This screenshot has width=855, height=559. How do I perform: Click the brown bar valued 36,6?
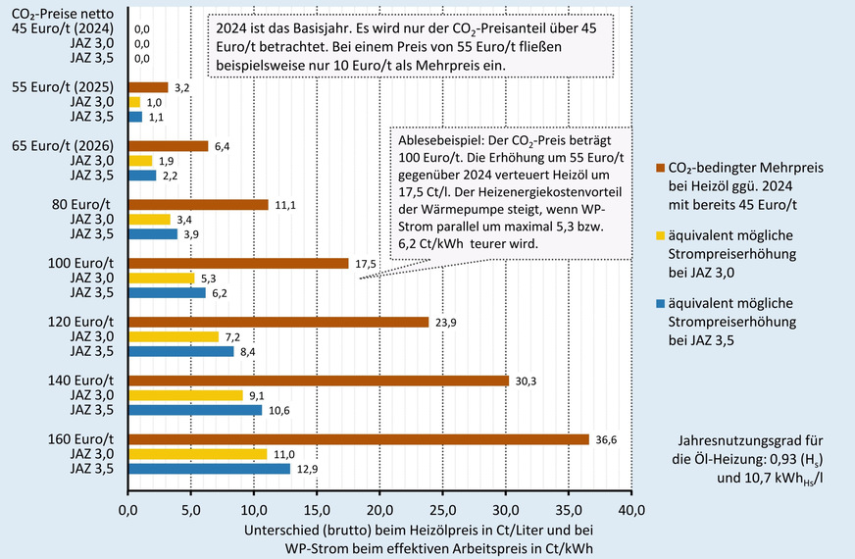click(x=358, y=439)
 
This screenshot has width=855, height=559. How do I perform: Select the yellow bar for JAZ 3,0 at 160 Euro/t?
click(x=197, y=454)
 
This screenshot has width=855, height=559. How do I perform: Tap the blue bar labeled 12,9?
click(x=209, y=469)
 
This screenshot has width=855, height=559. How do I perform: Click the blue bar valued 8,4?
click(x=180, y=351)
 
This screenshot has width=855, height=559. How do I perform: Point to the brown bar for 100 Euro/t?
click(x=238, y=263)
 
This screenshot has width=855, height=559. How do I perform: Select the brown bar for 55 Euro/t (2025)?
click(x=148, y=87)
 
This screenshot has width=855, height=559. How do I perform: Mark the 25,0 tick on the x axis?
click(x=443, y=510)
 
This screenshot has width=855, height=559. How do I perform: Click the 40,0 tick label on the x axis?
click(x=631, y=510)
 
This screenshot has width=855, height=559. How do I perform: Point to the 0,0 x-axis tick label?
click(x=128, y=510)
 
